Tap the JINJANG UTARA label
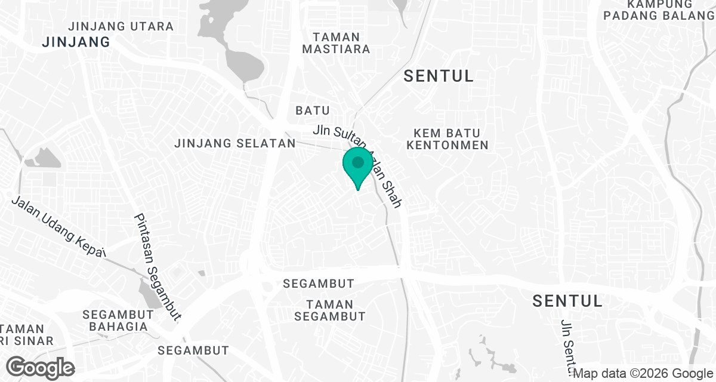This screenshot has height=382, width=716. (121, 27)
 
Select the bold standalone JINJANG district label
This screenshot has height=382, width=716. (76, 42)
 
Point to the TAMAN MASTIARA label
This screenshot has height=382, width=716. (336, 43)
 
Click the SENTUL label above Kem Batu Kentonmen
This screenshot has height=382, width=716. (439, 76)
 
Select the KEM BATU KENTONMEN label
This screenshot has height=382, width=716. (451, 138)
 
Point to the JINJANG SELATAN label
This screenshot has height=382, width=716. (235, 144)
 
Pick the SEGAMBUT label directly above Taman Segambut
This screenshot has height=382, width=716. (319, 284)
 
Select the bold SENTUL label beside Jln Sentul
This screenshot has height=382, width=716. (567, 300)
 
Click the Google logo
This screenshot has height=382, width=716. (41, 367)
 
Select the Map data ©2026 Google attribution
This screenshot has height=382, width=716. (643, 374)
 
